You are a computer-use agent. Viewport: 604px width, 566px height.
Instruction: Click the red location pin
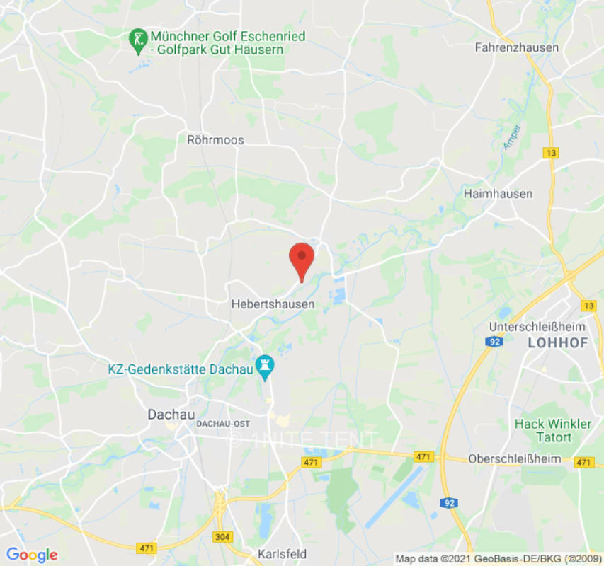302,260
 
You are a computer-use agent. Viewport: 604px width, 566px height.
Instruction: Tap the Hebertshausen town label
273,304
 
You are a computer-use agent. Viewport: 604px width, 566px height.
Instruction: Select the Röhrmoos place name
215,140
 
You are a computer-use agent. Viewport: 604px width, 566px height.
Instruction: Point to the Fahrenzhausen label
516,47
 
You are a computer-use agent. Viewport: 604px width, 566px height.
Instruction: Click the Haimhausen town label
498,193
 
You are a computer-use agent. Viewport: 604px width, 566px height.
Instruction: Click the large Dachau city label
171,415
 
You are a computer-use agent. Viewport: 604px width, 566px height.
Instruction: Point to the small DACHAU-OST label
222,423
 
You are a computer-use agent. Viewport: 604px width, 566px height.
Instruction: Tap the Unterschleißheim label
538,327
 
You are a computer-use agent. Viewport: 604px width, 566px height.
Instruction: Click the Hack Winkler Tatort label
552,430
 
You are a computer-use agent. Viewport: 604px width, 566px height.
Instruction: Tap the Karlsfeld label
283,553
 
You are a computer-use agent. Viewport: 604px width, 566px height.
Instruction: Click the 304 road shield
222,537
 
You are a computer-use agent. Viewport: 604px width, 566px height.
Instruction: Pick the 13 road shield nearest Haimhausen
550,153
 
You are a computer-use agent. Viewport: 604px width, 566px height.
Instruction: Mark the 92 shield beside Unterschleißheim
494,342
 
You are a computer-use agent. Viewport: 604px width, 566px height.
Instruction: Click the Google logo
32,555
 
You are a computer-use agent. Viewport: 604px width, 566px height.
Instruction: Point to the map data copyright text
498,559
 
